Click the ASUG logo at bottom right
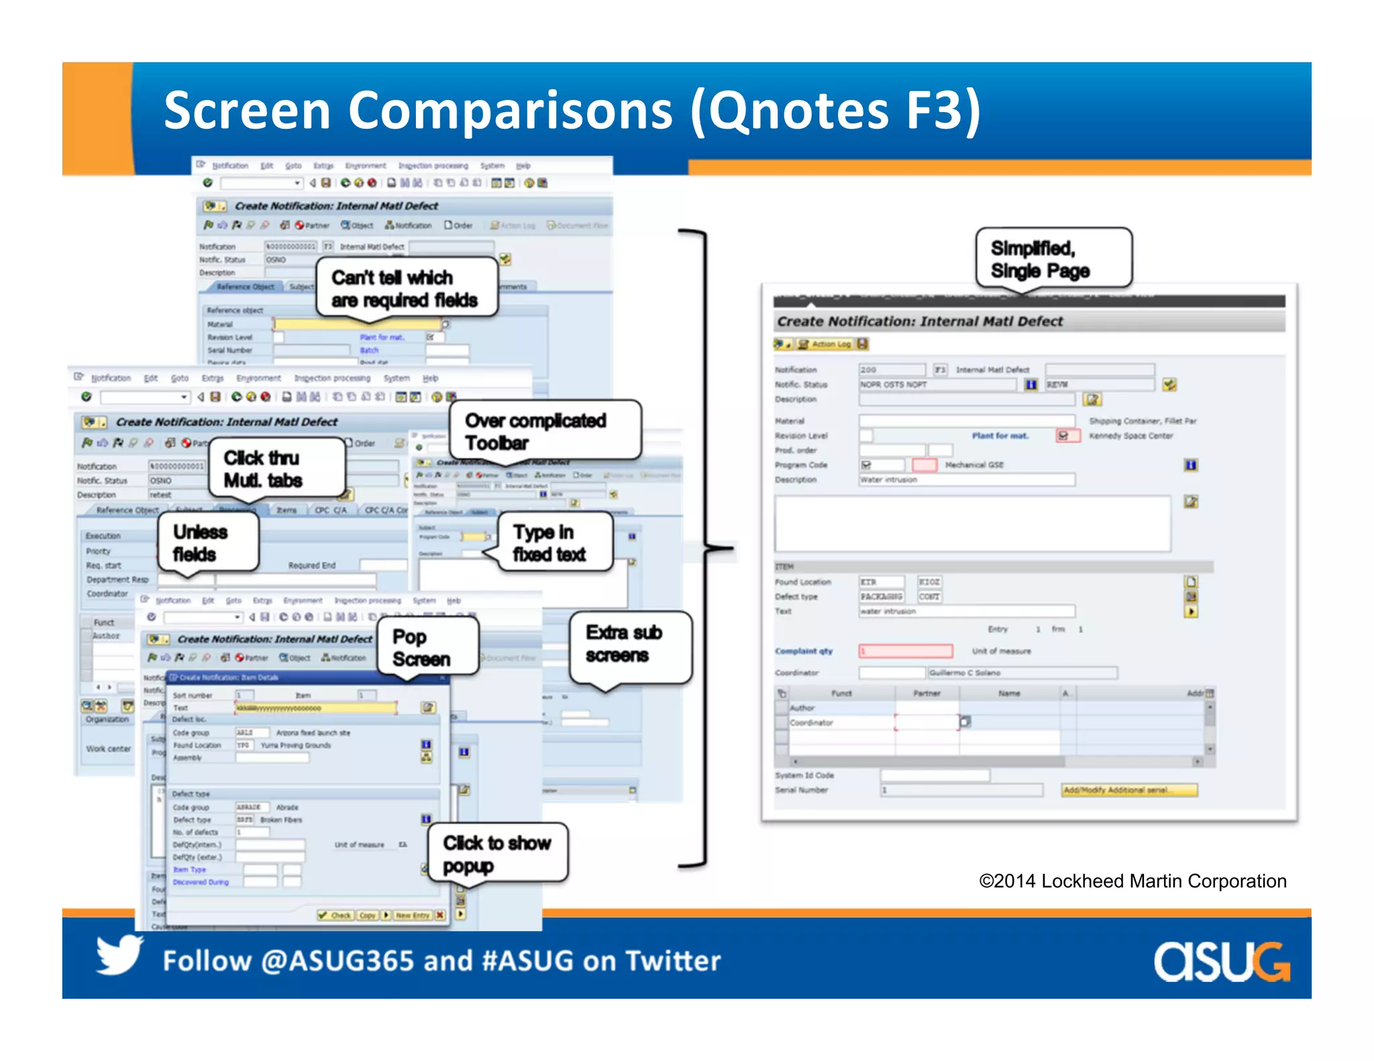pos(1221,962)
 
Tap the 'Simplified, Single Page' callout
pos(1053,259)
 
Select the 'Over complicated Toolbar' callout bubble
pos(544,431)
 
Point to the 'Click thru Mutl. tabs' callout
pos(276,468)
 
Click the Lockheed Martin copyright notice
pos(1132,881)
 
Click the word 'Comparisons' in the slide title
pos(510,111)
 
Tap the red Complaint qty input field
pos(905,651)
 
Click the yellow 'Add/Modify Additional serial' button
pos(1128,790)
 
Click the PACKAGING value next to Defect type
pos(881,596)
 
